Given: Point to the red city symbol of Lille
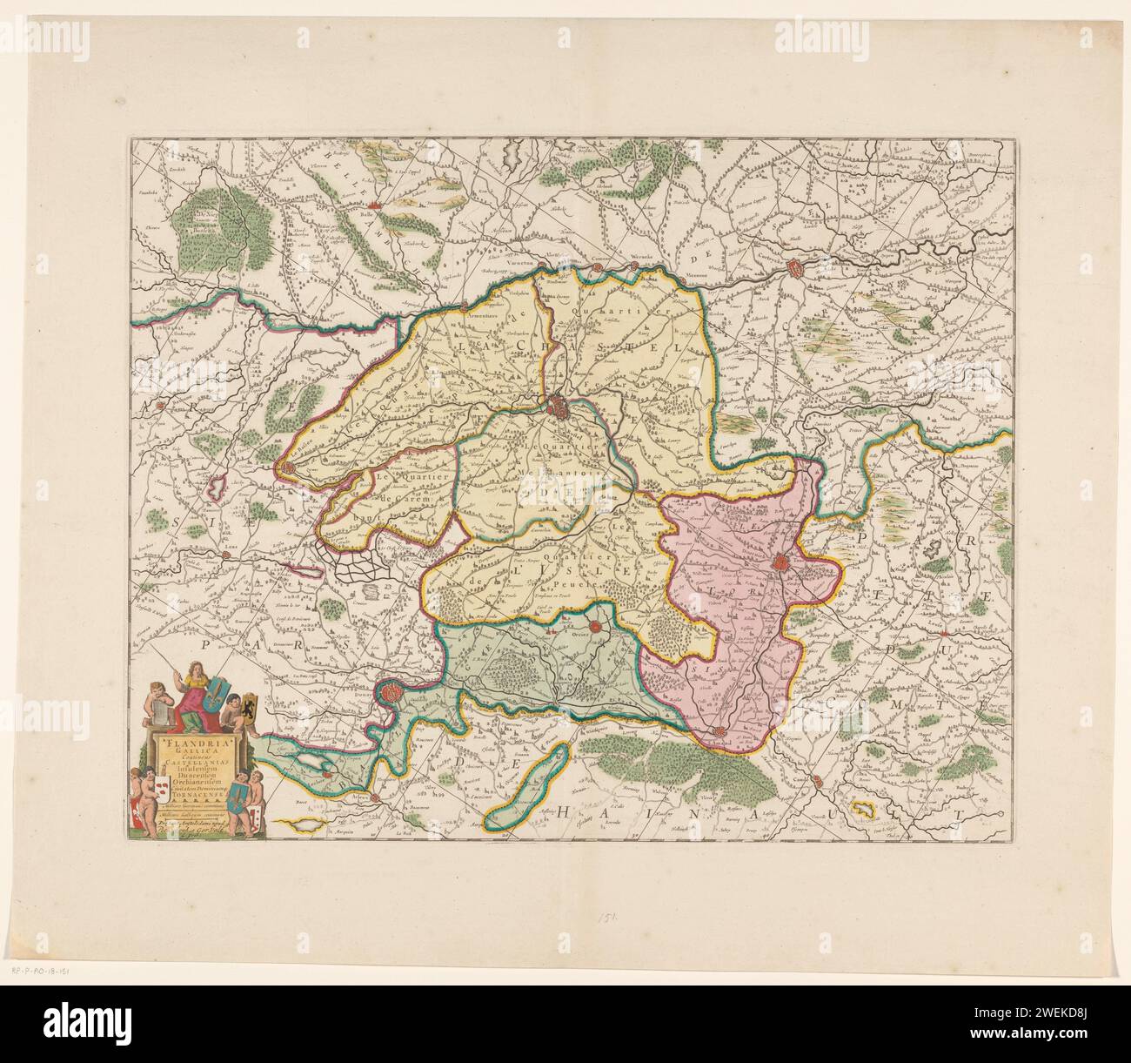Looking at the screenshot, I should [558, 406].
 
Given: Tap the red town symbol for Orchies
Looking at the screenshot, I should [594, 625].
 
